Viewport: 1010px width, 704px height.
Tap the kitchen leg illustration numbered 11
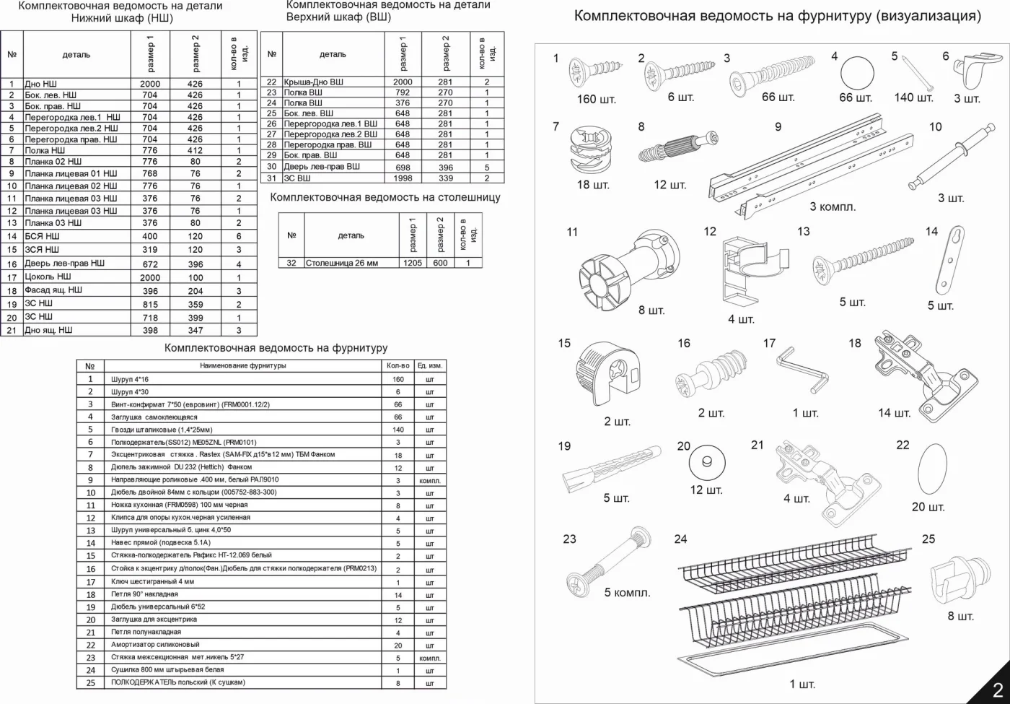pos(629,270)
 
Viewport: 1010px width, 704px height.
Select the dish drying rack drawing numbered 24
pos(794,605)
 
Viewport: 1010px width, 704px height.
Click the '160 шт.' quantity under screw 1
pos(596,99)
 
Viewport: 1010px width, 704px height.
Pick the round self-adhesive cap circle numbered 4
pos(857,73)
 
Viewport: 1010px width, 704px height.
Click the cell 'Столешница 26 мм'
pos(342,263)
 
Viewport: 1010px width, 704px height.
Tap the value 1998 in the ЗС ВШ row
pos(403,178)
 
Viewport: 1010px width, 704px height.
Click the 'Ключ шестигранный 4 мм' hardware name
pos(152,581)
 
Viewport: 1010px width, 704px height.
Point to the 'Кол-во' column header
pos(398,365)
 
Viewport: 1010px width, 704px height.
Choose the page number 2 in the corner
pos(998,690)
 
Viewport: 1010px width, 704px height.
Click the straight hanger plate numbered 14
pos(951,260)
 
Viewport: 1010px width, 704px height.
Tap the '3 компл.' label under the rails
pos(833,207)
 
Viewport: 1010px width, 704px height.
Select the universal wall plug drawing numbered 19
pos(612,469)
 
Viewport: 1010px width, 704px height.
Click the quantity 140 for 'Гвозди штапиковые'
pos(398,430)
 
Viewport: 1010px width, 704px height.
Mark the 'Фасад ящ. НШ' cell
pos(53,290)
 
